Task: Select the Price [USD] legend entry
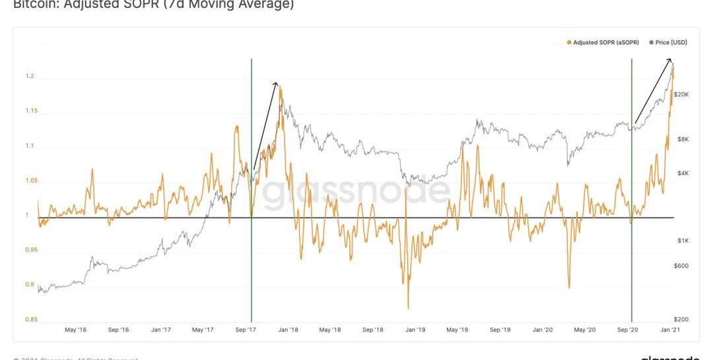668,42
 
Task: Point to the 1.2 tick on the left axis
30,77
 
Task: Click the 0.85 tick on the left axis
31,320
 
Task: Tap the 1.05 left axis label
31,181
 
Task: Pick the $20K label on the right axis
681,94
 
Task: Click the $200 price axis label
681,319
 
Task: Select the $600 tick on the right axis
681,266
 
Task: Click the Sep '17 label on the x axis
246,329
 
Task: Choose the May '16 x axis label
76,329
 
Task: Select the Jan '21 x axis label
670,329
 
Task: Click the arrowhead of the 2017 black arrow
276,83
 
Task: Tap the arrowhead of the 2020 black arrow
672,60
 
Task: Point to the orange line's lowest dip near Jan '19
408,307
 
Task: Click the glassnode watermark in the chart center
356,192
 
